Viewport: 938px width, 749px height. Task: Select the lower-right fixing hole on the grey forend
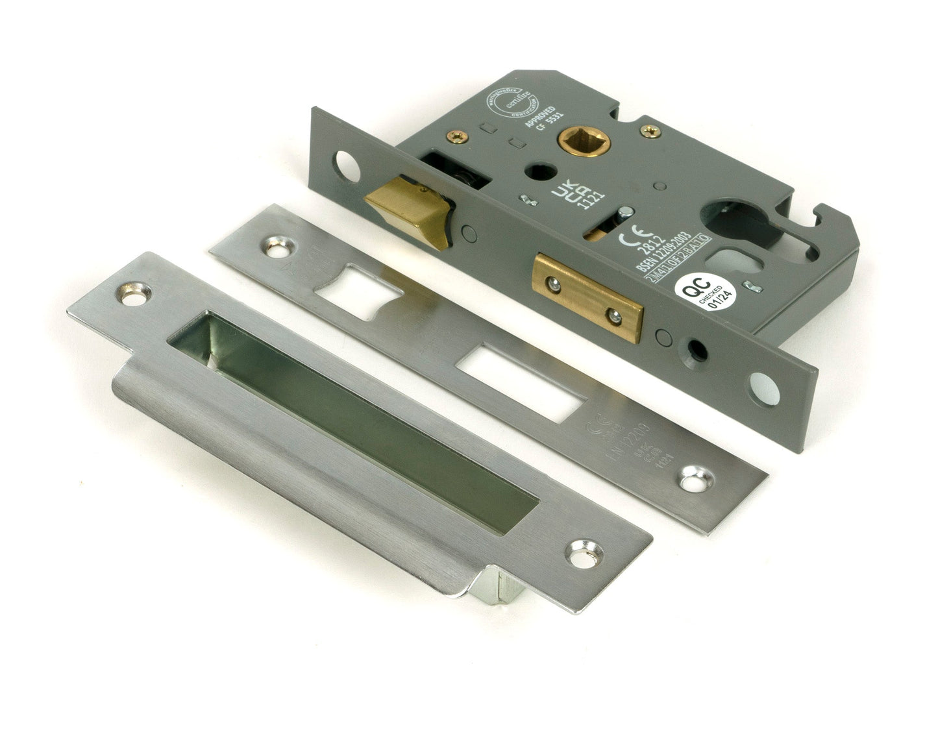pos(766,387)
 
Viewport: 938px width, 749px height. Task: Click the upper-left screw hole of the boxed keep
pos(134,291)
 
